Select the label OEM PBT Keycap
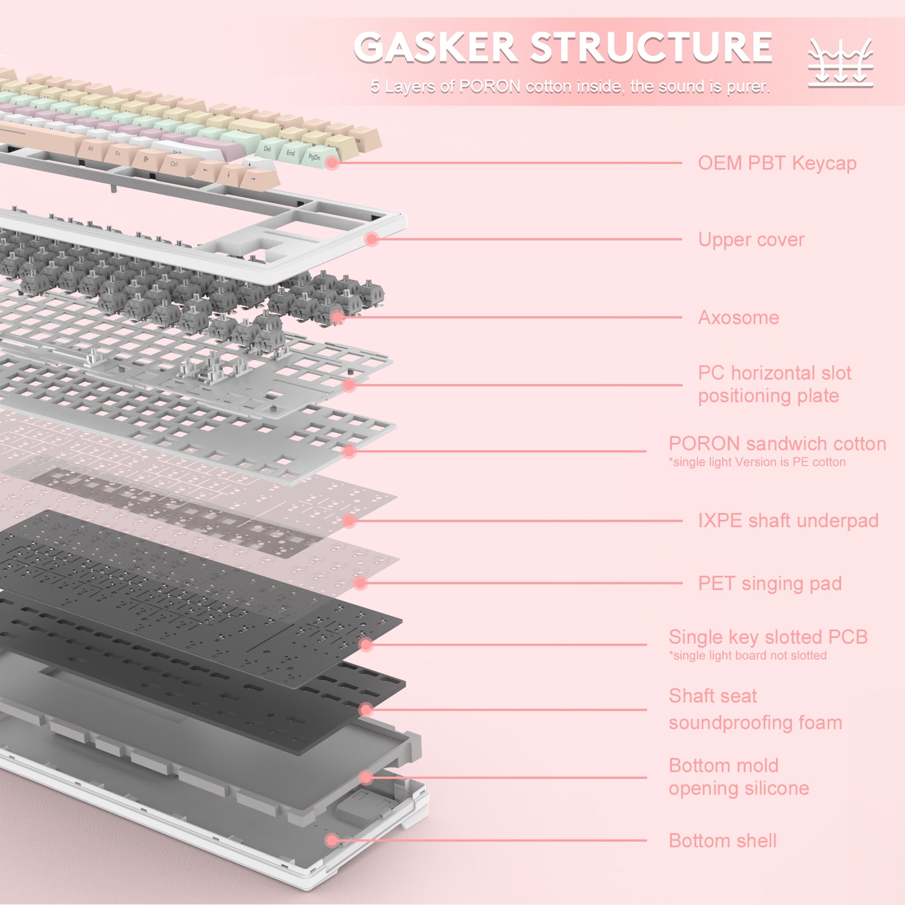(777, 163)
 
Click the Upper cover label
(751, 239)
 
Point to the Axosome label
(738, 317)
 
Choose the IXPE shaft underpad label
(787, 520)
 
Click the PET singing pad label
(769, 583)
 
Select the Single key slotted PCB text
(768, 637)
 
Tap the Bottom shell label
(722, 841)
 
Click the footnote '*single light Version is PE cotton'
(757, 462)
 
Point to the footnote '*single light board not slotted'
(747, 656)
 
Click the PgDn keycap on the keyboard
(314, 157)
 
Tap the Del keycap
(267, 149)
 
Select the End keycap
(290, 153)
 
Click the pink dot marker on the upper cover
(372, 239)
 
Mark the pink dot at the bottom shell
(333, 841)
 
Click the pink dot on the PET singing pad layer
(360, 583)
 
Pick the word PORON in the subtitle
(489, 87)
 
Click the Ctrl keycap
(174, 165)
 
